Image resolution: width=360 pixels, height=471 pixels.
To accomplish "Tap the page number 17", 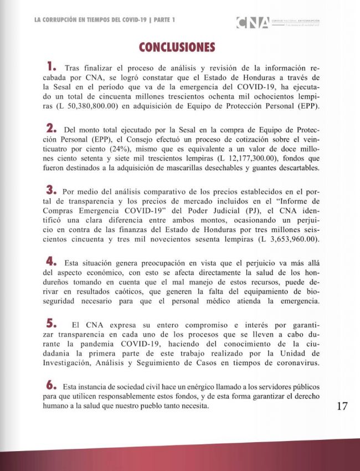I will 342,406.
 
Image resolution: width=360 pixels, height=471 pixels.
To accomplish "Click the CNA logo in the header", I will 253,23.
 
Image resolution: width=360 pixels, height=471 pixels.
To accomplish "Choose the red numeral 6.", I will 53,385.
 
